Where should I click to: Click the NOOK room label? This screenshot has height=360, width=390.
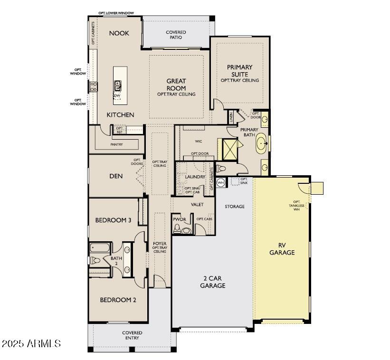119,33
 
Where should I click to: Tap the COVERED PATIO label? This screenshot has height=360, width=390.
176,35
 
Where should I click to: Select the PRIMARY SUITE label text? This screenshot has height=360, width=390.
239,71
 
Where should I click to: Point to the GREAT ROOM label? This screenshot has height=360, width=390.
176,85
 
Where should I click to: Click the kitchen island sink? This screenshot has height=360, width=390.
117,85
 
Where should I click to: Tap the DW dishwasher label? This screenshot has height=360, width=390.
116,95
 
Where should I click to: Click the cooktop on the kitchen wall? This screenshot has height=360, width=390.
94,86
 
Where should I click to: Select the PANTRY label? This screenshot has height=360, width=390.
116,144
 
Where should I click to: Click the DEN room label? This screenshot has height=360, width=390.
116,176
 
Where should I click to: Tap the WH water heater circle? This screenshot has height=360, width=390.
220,182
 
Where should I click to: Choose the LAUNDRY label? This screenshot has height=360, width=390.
195,177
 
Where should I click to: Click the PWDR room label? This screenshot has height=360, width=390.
179,219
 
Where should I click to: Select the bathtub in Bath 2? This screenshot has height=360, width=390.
100,247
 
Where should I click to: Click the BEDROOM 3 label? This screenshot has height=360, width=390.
113,220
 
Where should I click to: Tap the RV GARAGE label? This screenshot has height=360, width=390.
282,249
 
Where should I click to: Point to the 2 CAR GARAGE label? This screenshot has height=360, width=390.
212,282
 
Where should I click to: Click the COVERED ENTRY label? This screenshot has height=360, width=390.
132,335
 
